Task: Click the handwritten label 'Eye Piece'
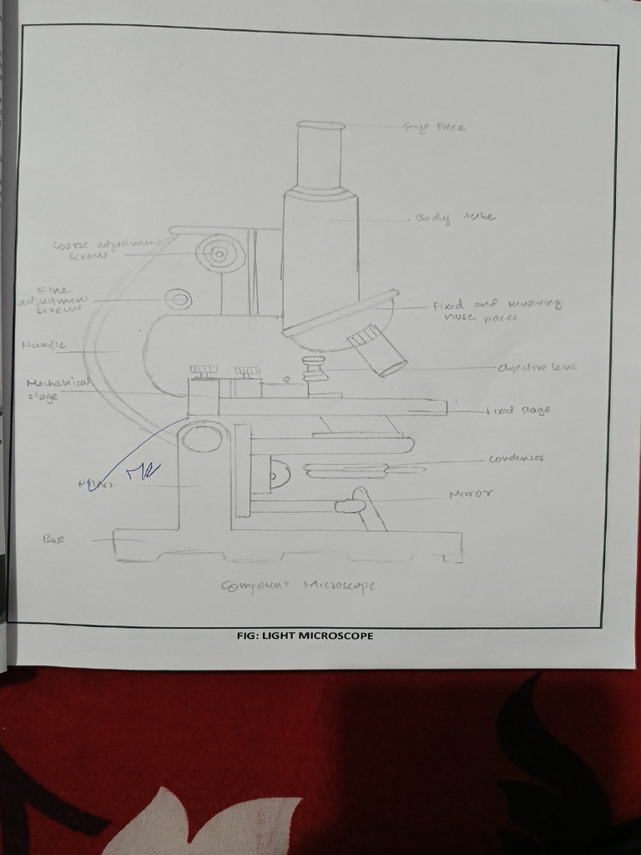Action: (x=434, y=128)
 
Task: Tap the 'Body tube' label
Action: (x=455, y=218)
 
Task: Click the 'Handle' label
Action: (x=38, y=344)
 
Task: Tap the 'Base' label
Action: (x=53, y=539)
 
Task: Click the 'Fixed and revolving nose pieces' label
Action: (x=496, y=310)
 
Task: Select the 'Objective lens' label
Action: (x=537, y=367)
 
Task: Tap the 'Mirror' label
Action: (x=471, y=494)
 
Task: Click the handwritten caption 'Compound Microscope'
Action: (x=298, y=585)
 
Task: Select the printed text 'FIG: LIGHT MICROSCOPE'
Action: (x=305, y=635)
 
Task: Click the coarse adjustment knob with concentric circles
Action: (x=220, y=251)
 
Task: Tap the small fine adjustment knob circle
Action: (x=178, y=298)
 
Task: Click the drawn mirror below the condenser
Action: (x=351, y=505)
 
